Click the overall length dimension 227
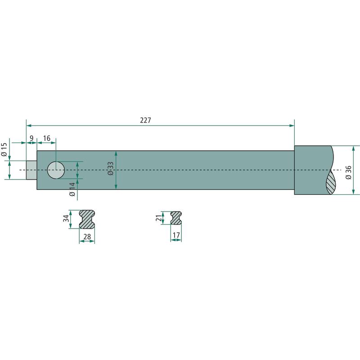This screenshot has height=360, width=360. click(x=145, y=120)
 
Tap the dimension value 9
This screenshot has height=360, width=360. click(x=31, y=138)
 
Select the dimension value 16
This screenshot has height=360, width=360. click(x=47, y=138)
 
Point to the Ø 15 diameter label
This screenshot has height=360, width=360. click(x=4, y=149)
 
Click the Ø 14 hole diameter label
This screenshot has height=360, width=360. click(x=72, y=189)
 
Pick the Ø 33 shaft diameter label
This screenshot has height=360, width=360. click(x=110, y=169)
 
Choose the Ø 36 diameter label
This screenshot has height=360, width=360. click(x=348, y=172)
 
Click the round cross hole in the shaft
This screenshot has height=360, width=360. click(x=56, y=170)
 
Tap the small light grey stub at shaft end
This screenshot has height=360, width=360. click(x=31, y=170)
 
